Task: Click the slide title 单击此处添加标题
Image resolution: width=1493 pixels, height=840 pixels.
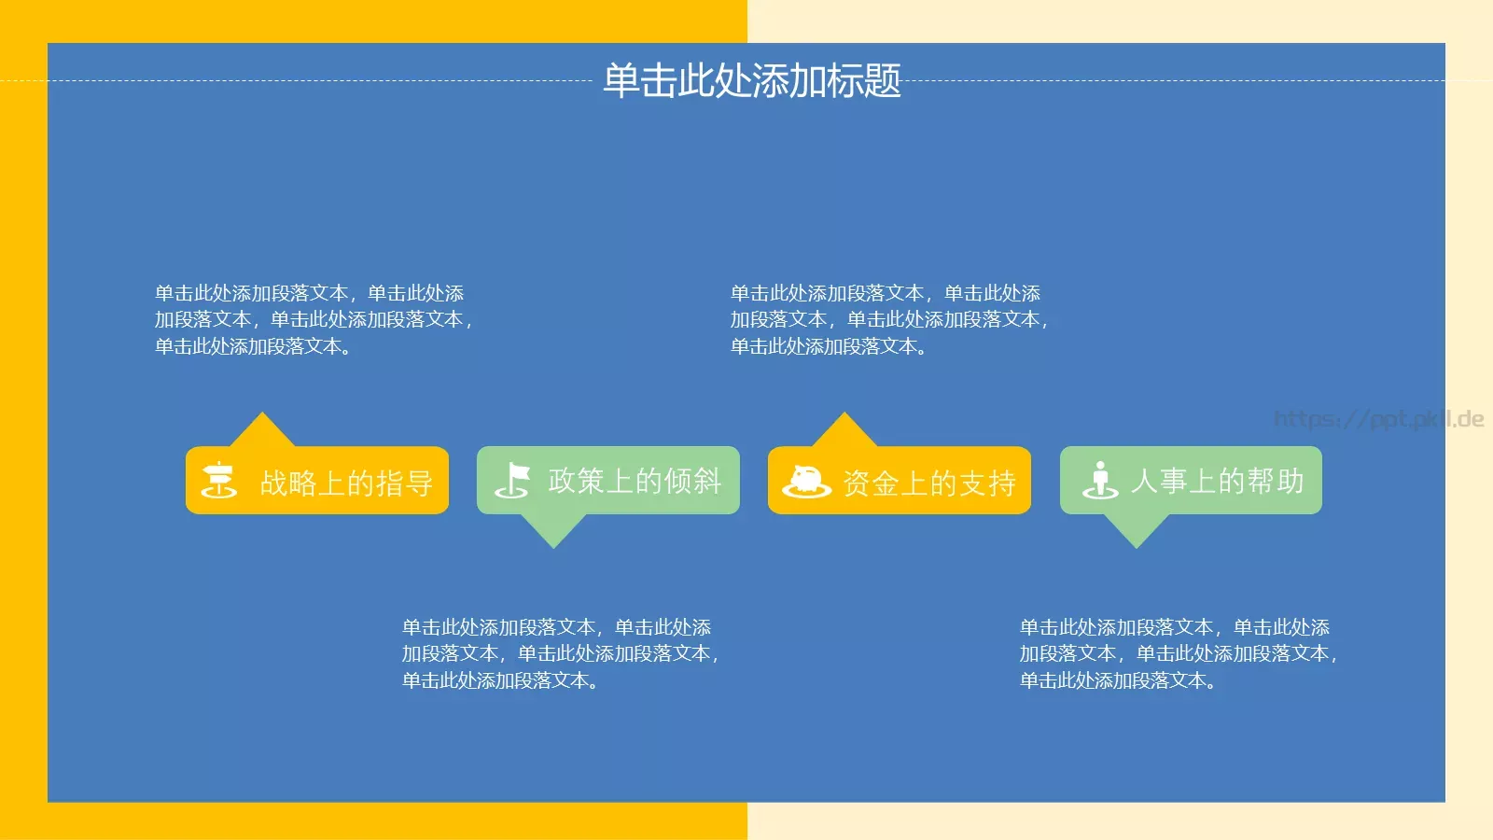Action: pos(751,81)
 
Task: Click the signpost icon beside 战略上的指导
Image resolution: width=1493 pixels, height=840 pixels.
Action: pos(219,481)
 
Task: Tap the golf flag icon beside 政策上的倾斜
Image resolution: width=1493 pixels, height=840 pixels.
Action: pos(512,480)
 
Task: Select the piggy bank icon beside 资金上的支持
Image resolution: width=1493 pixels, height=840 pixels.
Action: pos(806,482)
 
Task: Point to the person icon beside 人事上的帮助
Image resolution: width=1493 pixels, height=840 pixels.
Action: pos(1100,480)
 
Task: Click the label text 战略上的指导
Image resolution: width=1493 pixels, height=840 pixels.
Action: pos(346,483)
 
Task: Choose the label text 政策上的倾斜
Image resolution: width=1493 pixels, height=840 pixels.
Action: pos(635,481)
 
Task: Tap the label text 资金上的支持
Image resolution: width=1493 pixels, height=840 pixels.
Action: pos(929,483)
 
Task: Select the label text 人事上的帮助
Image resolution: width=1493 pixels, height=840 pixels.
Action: pos(1217,481)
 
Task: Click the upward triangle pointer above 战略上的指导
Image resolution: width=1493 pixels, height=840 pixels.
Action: pos(262,432)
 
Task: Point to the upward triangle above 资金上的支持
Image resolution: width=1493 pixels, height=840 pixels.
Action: pos(844,432)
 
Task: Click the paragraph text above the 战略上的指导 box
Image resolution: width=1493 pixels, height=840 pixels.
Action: pos(314,320)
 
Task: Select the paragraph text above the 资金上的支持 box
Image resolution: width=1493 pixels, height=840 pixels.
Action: pos(889,320)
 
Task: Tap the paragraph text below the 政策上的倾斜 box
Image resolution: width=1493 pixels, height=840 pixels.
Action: pos(560,653)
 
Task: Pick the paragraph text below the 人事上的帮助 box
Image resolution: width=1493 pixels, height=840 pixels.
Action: pos(1178,653)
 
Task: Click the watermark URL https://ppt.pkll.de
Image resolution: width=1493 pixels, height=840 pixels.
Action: pos(1378,419)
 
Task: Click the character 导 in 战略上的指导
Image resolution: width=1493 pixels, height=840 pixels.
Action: pos(420,483)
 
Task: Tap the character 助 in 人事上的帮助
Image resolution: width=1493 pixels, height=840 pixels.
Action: pos(1291,481)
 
